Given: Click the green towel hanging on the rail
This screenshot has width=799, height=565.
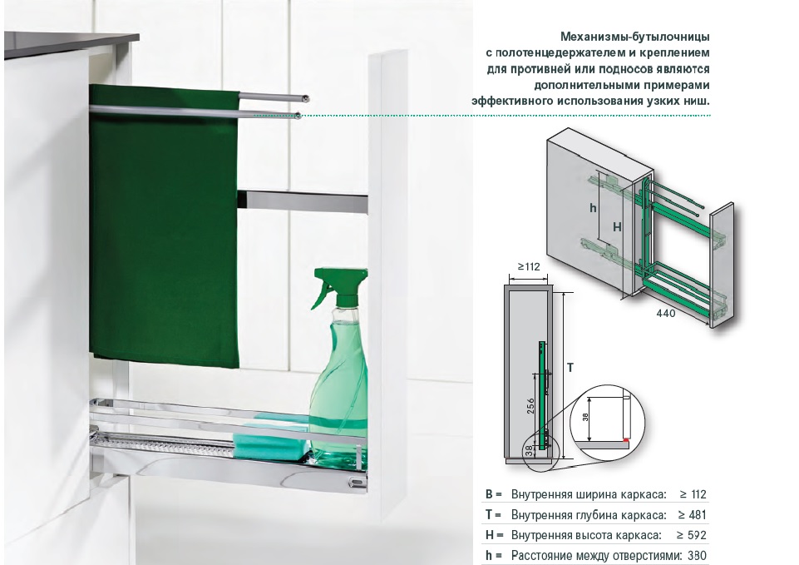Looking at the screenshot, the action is click(x=163, y=225).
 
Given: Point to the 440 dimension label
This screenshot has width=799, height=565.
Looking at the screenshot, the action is click(x=665, y=313).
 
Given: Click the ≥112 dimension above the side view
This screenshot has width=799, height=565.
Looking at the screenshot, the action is click(x=529, y=266).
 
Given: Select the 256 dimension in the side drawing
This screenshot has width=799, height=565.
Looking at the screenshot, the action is click(x=530, y=406).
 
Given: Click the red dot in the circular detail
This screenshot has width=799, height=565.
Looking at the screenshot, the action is click(x=625, y=439).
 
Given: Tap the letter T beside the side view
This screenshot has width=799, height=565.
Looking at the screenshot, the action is click(x=570, y=367).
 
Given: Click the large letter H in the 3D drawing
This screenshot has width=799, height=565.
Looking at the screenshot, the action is click(x=617, y=227).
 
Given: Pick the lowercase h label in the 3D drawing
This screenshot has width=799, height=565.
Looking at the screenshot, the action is click(x=593, y=208).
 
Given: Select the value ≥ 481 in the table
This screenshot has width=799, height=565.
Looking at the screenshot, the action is click(x=692, y=515).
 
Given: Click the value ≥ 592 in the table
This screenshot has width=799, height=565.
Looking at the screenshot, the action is click(x=692, y=535).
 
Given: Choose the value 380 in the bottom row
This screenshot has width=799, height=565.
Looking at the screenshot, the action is click(x=697, y=555).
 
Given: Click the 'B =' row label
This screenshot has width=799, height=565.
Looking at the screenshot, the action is click(x=493, y=494).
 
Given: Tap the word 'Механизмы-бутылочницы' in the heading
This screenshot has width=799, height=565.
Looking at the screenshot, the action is click(x=635, y=37).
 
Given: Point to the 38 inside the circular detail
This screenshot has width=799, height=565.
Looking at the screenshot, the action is click(x=585, y=417).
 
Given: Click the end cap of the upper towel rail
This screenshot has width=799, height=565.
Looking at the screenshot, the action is click(x=305, y=98).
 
